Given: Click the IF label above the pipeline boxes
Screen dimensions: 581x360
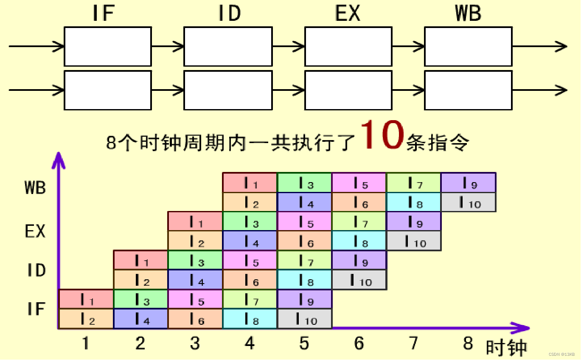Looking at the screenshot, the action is [104, 14].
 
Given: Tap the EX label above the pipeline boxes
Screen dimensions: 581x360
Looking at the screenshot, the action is [347, 14].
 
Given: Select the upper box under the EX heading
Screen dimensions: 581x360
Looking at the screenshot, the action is [348, 46].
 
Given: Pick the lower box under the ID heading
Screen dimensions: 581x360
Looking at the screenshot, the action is [228, 90].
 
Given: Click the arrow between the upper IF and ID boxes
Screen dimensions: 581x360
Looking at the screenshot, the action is [167, 46].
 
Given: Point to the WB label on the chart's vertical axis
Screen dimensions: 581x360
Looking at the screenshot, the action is [35, 187].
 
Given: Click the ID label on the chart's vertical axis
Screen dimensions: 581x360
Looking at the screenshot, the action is [36, 270].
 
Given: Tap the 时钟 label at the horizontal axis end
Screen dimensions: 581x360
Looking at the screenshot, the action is [506, 348].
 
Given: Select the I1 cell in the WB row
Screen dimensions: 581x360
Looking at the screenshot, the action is [250, 183].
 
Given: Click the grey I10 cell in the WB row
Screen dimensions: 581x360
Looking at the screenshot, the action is [469, 202].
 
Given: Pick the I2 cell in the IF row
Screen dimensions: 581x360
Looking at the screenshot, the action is [86, 319].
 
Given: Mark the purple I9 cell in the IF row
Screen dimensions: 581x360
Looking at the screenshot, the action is [304, 299].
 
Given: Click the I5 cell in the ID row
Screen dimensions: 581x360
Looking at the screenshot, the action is [250, 260].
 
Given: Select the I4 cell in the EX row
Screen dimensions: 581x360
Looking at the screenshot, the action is [250, 241].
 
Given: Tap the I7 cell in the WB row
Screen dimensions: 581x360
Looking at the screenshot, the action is [414, 183].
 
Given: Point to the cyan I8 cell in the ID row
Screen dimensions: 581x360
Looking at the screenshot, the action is [304, 280].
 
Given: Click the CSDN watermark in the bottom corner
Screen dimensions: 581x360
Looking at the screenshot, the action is [561, 354].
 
